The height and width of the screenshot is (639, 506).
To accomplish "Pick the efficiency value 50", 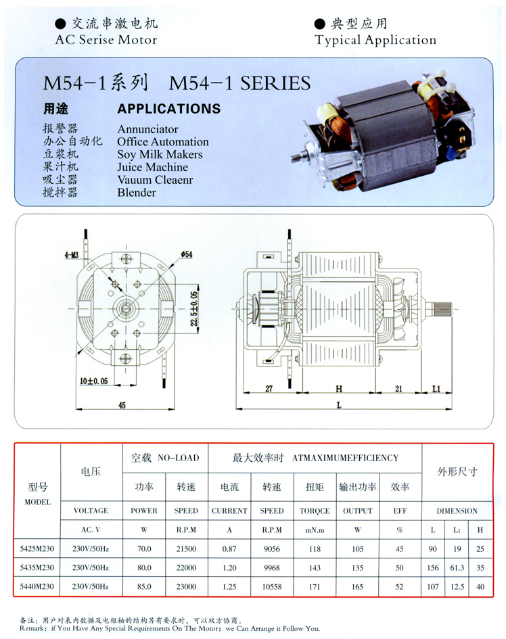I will [400, 567].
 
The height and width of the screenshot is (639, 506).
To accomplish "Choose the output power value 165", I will [357, 586].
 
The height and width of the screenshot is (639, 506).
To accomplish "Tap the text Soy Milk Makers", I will [160, 154].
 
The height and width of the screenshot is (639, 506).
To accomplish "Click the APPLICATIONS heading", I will [168, 109].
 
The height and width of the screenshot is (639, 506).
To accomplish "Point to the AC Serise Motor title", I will [106, 40].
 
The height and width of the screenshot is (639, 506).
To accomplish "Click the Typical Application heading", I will [375, 40].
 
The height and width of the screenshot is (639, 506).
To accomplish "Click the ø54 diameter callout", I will [187, 254].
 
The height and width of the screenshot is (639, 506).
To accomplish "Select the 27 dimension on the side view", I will [269, 389].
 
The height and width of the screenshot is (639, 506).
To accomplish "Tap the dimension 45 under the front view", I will [123, 404].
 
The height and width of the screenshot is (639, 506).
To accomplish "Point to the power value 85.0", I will [144, 586].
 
